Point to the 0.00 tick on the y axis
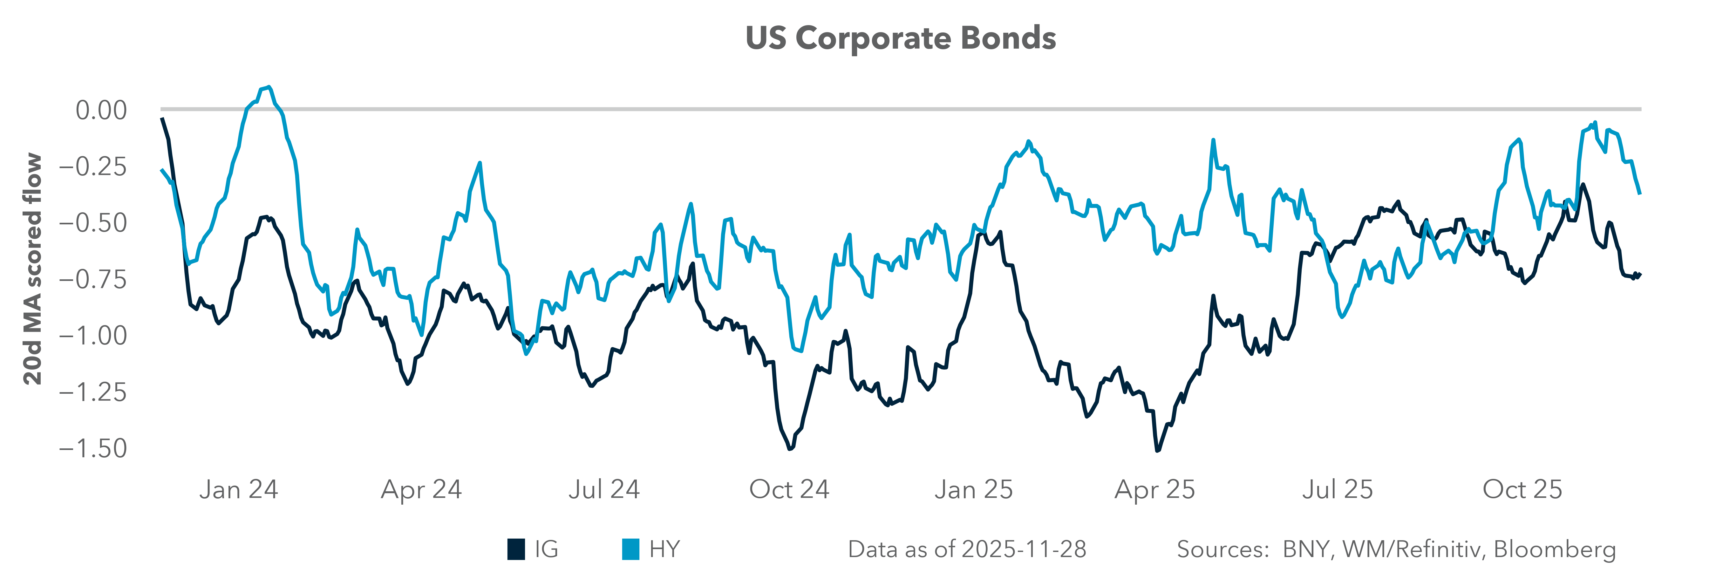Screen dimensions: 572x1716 (x=101, y=111)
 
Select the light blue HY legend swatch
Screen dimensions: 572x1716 (x=630, y=549)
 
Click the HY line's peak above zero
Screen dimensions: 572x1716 (x=268, y=87)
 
